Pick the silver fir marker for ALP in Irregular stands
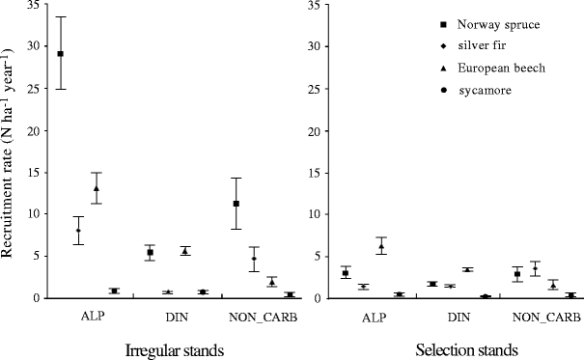click(x=78, y=231)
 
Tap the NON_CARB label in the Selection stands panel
click(x=527, y=318)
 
